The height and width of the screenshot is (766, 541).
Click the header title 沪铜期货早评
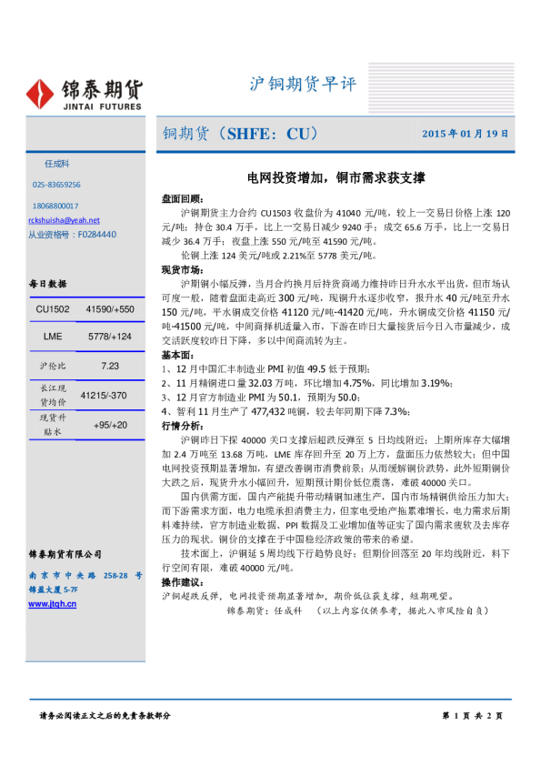[303, 85]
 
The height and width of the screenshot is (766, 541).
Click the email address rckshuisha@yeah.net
[64, 220]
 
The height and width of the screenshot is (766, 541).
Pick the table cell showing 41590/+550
[111, 310]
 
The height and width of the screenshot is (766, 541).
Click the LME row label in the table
[53, 338]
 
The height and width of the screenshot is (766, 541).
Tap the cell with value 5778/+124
[111, 338]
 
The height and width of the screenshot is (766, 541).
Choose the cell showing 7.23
[111, 365]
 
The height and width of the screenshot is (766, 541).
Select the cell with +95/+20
[111, 425]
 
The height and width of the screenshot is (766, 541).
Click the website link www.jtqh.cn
[53, 603]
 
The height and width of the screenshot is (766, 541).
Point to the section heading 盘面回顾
[182, 197]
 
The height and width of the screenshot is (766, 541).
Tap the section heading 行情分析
[182, 399]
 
